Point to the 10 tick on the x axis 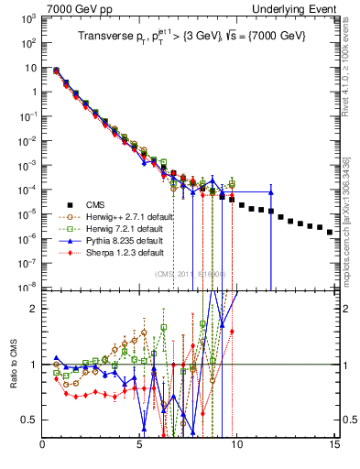coord(236,447)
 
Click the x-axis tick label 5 coord(139,447)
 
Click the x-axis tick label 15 coord(333,447)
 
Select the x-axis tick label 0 coord(43,447)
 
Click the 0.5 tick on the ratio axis coord(30,420)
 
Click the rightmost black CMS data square coord(330,232)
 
